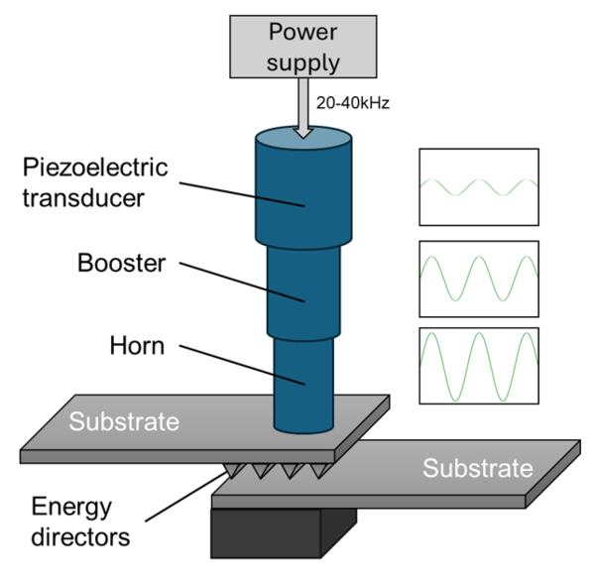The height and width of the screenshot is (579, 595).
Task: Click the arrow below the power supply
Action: pyautogui.click(x=304, y=115)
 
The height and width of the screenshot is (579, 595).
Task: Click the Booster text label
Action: pyautogui.click(x=120, y=265)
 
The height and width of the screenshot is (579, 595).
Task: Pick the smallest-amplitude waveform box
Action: pyautogui.click(x=479, y=186)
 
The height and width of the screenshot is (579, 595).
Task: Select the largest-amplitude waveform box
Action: pyautogui.click(x=479, y=365)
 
